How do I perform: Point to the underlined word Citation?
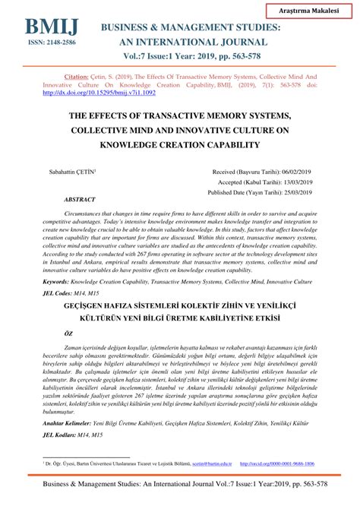pyautogui.click(x=76, y=77)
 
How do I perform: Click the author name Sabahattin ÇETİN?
pyautogui.click(x=74, y=173)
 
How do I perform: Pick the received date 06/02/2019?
pyautogui.click(x=299, y=173)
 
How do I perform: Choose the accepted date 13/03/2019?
pyautogui.click(x=299, y=183)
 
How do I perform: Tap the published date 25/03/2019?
pyautogui.click(x=299, y=193)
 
